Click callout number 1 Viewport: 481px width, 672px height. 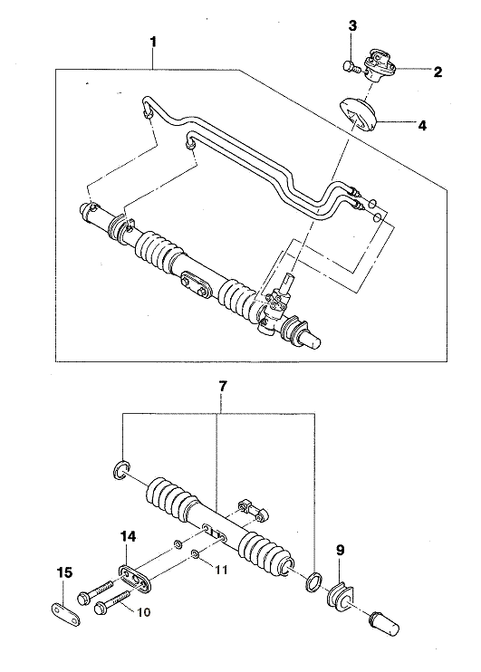(x=153, y=43)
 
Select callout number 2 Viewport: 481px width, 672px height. (x=438, y=72)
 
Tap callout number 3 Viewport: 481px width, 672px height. (x=352, y=25)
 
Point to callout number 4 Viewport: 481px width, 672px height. (x=422, y=126)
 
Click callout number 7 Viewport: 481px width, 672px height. (x=223, y=387)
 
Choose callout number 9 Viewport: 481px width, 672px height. (x=341, y=551)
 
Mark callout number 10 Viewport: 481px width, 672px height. (x=144, y=612)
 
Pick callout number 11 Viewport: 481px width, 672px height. (x=221, y=570)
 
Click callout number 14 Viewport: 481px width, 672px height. (x=129, y=536)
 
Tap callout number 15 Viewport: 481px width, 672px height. (x=65, y=572)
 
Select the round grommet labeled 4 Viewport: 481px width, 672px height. (x=358, y=114)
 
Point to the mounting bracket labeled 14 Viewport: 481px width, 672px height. (x=136, y=581)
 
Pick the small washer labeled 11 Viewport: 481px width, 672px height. (x=195, y=554)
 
